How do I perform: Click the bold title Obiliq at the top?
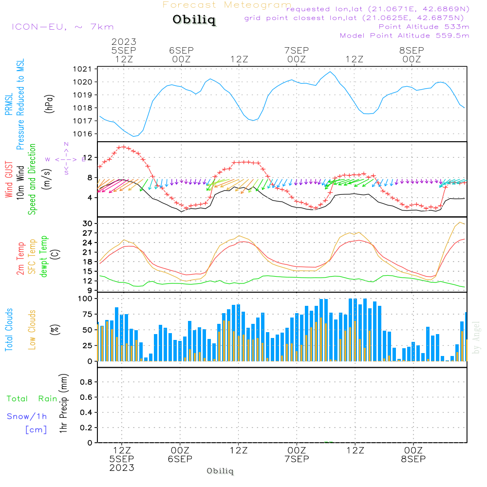click(x=194, y=20)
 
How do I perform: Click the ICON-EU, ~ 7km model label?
click(x=62, y=27)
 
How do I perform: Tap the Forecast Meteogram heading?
click(x=227, y=5)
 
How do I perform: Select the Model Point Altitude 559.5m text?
click(x=404, y=36)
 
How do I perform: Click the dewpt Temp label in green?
click(x=44, y=256)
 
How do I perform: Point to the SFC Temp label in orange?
click(x=33, y=256)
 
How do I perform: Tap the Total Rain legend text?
click(x=32, y=398)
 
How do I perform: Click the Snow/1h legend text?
click(x=27, y=416)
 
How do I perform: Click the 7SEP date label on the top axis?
click(x=297, y=51)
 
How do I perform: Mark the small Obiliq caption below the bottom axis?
click(x=220, y=471)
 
